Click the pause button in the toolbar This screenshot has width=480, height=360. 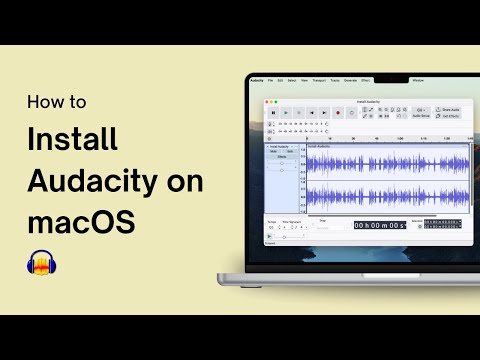click(273, 113)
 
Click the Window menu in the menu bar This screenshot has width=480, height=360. click(418, 79)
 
